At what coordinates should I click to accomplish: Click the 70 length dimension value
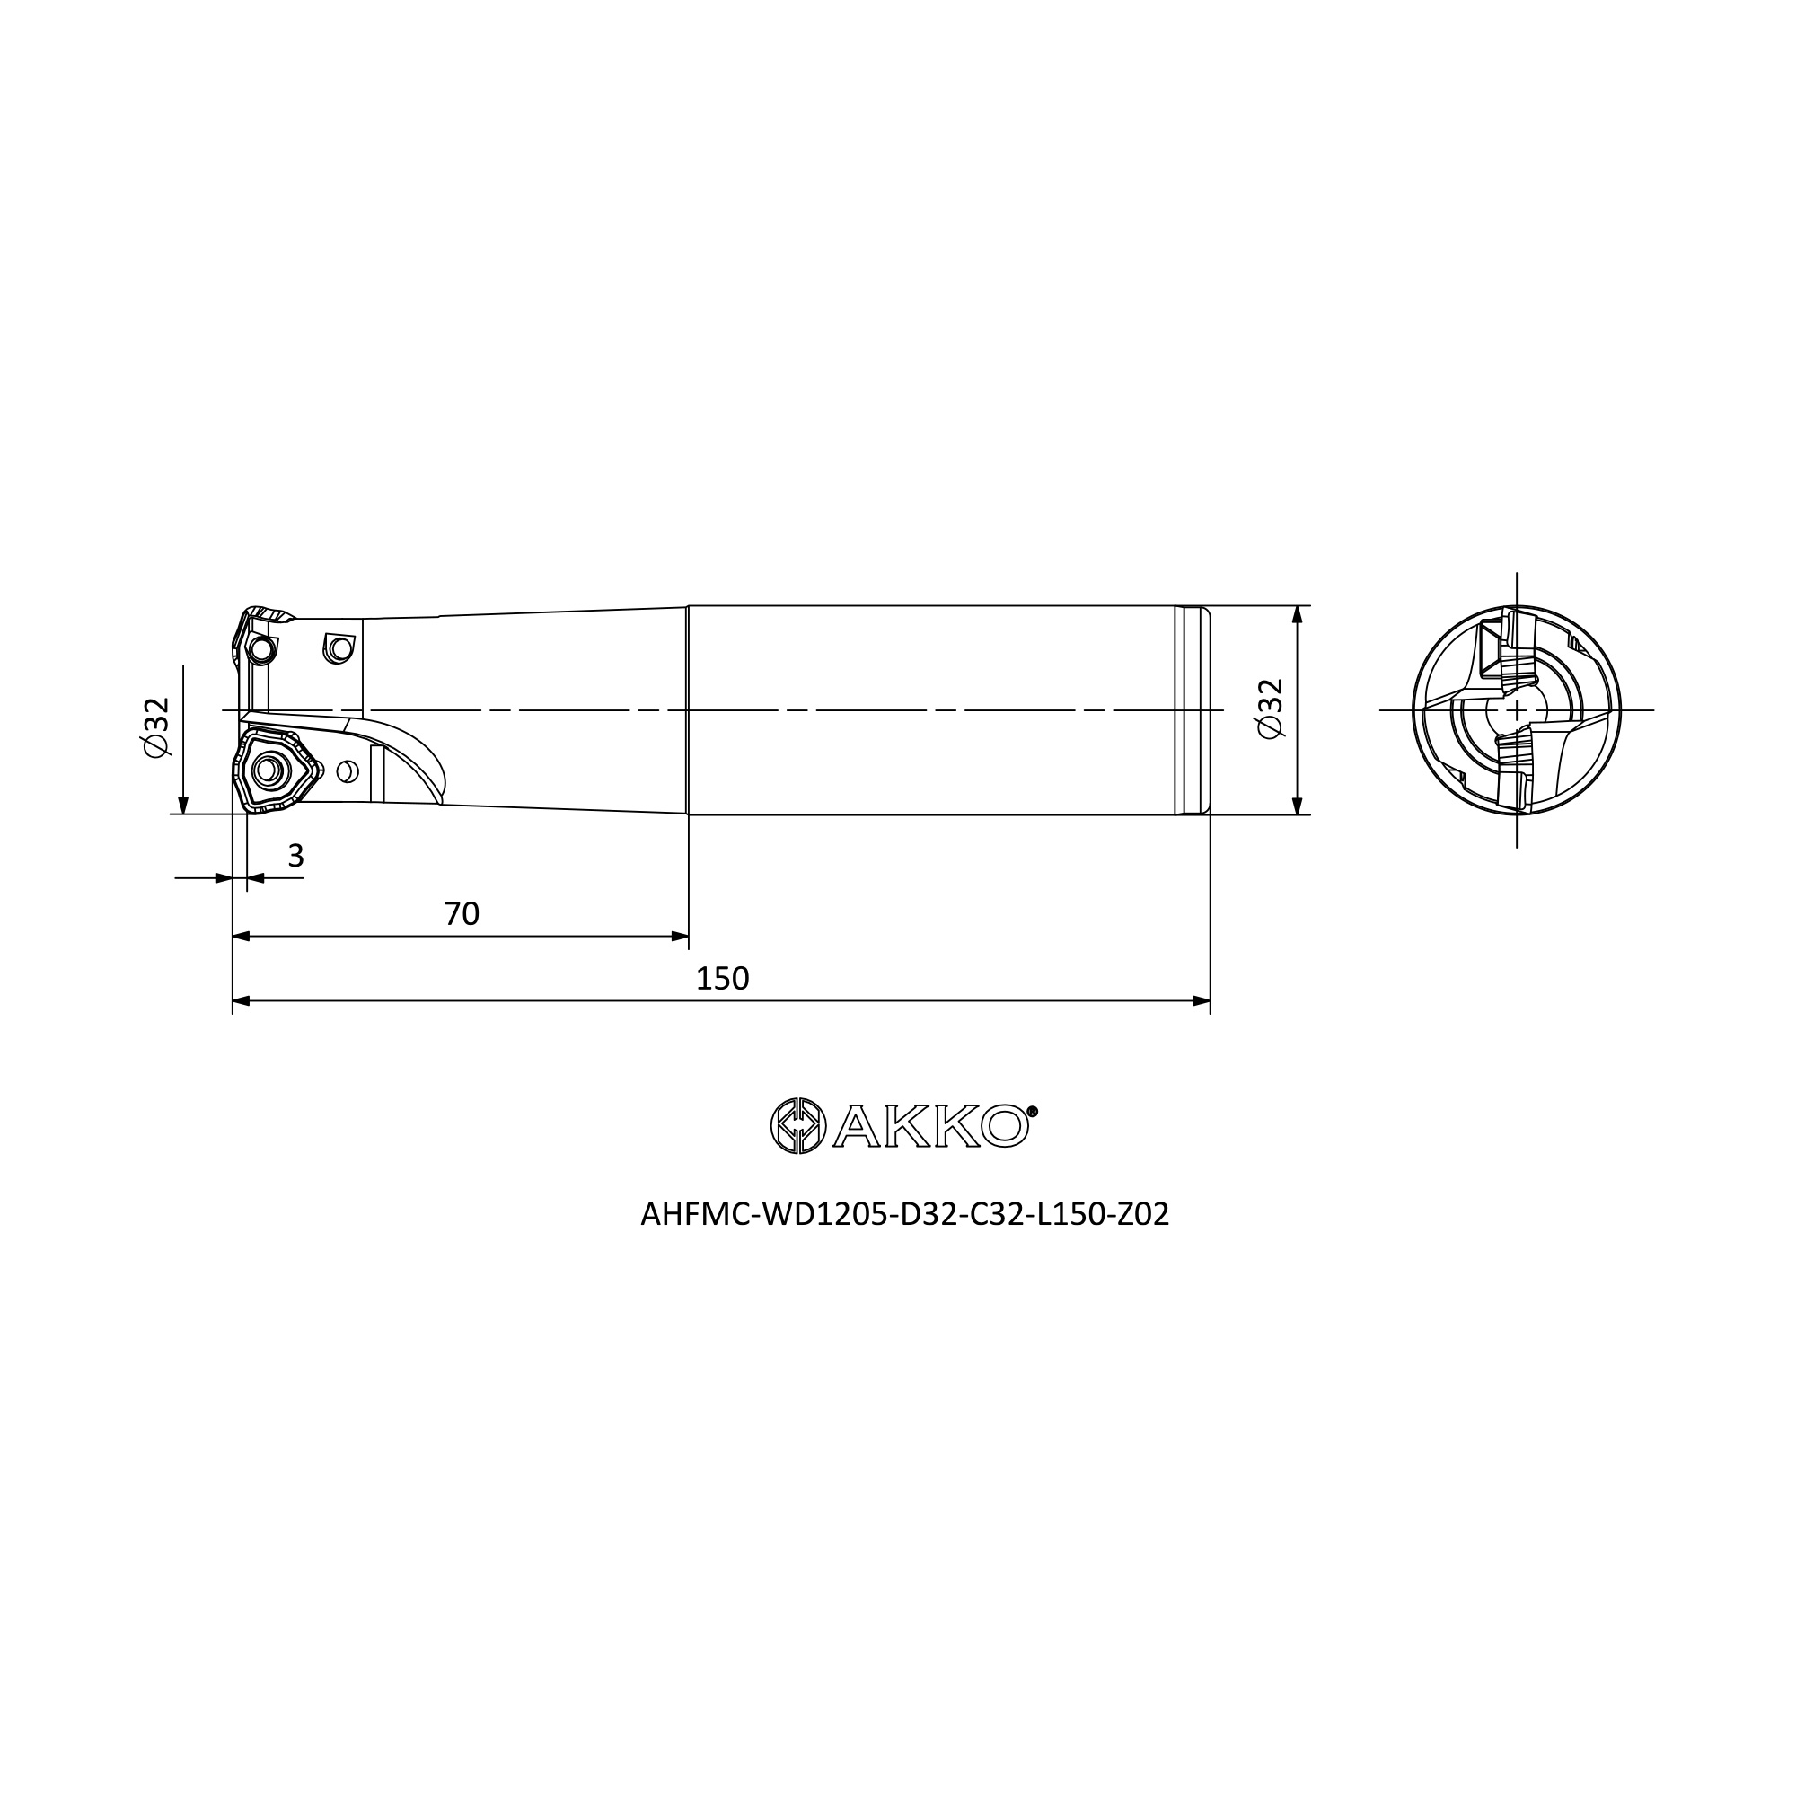click(x=462, y=914)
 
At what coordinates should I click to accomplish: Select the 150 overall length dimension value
click(x=722, y=979)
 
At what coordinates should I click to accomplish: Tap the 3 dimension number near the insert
click(x=295, y=856)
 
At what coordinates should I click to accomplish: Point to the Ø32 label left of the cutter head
click(x=157, y=727)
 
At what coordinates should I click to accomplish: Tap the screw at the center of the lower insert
click(x=269, y=770)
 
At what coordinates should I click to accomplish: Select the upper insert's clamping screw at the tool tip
click(x=262, y=649)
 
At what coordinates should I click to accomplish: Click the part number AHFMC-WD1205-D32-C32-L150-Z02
click(x=904, y=1215)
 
